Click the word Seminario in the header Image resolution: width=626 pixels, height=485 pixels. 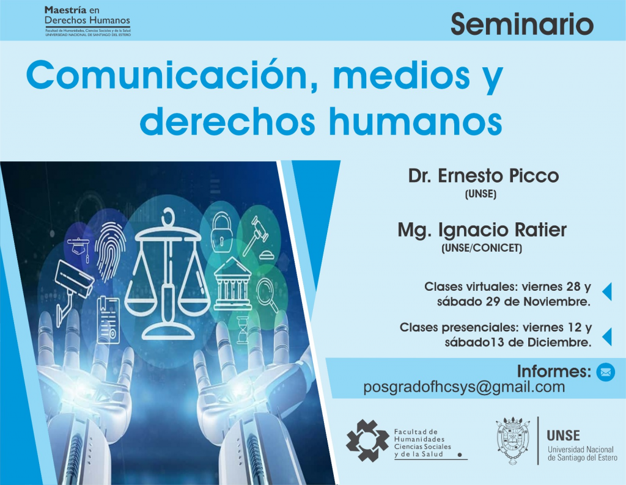(x=522, y=24)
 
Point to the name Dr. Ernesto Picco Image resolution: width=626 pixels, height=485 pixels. (x=484, y=176)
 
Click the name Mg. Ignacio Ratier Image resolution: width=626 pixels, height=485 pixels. (x=482, y=230)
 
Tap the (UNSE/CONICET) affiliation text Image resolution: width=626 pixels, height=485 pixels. (x=481, y=249)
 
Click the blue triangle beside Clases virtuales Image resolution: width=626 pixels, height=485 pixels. (x=606, y=292)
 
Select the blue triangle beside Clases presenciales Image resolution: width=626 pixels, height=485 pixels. (x=606, y=335)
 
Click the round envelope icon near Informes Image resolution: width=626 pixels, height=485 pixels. (x=605, y=371)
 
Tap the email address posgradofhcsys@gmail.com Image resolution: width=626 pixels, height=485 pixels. (x=464, y=387)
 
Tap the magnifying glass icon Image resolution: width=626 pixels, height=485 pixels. (x=267, y=293)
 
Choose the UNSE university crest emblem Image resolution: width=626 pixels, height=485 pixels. (x=514, y=440)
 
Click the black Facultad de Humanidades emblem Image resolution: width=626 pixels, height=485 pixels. (x=367, y=440)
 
